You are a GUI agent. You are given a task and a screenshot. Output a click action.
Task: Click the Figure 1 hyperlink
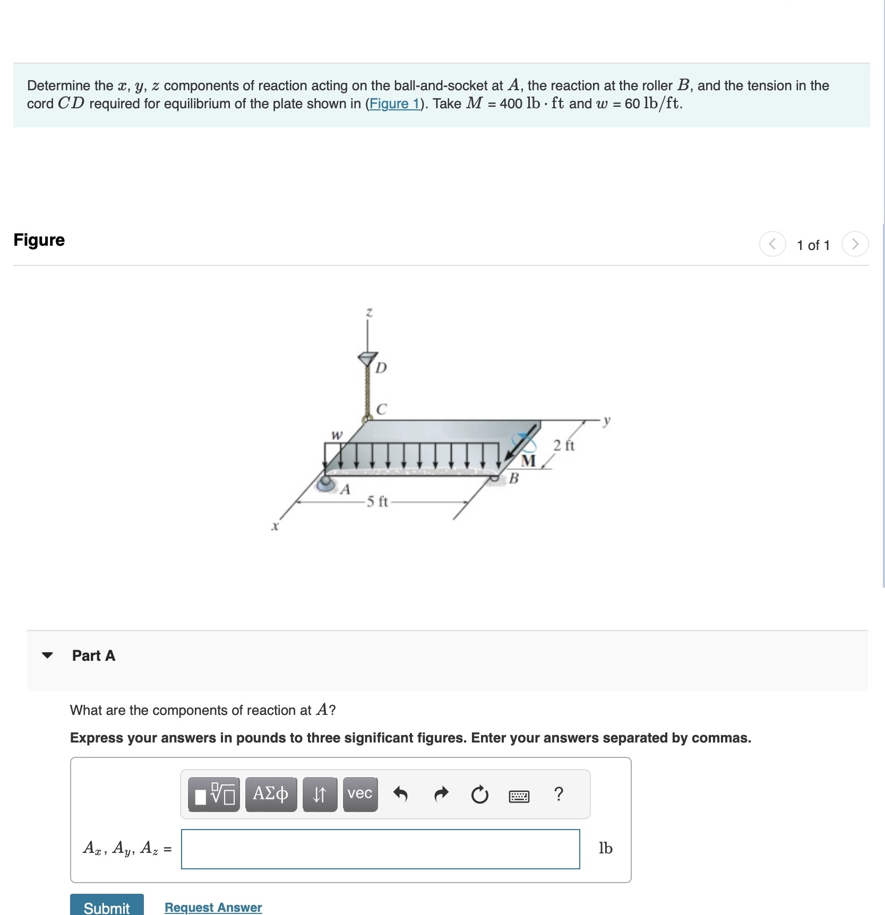pyautogui.click(x=394, y=103)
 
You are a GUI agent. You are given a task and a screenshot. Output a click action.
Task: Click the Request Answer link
pyautogui.click(x=213, y=907)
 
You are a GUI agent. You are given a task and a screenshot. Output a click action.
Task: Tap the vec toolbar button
pyautogui.click(x=360, y=794)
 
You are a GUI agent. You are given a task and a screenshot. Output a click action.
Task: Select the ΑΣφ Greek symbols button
pyautogui.click(x=270, y=794)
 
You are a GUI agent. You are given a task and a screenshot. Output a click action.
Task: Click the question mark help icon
pyautogui.click(x=558, y=794)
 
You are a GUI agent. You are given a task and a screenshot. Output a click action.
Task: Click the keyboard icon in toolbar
pyautogui.click(x=519, y=796)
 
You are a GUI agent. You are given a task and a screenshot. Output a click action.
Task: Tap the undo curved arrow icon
pyautogui.click(x=400, y=794)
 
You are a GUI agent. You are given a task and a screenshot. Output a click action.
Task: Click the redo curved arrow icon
pyautogui.click(x=441, y=794)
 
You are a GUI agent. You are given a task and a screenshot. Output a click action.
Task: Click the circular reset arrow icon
pyautogui.click(x=479, y=795)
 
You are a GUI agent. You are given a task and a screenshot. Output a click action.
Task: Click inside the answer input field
pyautogui.click(x=380, y=849)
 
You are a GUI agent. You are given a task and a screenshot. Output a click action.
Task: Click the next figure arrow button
pyautogui.click(x=855, y=244)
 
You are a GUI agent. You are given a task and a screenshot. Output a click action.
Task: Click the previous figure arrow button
pyautogui.click(x=772, y=244)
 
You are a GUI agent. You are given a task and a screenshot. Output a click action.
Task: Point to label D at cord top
pyautogui.click(x=381, y=368)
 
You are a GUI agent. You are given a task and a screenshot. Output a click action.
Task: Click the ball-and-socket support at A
pyautogui.click(x=325, y=483)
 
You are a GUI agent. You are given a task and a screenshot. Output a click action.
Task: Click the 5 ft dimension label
pyautogui.click(x=377, y=502)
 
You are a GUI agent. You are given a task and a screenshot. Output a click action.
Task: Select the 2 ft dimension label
pyautogui.click(x=564, y=445)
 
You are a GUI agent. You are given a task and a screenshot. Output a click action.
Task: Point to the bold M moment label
pyautogui.click(x=528, y=460)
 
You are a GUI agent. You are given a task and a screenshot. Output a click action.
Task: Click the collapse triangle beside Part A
pyautogui.click(x=47, y=655)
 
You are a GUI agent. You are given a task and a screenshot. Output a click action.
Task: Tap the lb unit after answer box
pyautogui.click(x=605, y=848)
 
